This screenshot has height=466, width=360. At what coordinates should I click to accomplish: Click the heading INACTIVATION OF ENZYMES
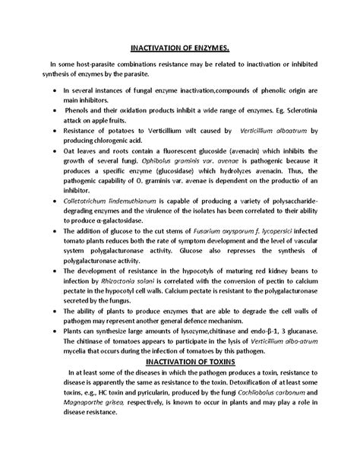(x=180, y=49)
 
